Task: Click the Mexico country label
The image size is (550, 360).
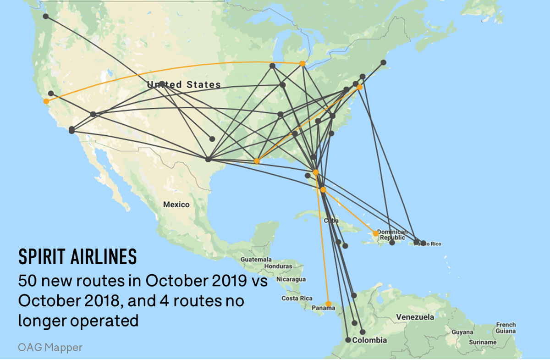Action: pyautogui.click(x=176, y=205)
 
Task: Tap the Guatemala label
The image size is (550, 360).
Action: pyautogui.click(x=256, y=260)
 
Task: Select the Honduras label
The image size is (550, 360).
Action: pyautogui.click(x=278, y=266)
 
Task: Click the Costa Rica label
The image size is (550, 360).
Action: pyautogui.click(x=297, y=299)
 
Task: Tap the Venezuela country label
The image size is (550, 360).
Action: pyautogui.click(x=415, y=317)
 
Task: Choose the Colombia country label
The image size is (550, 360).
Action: pyautogui.click(x=369, y=340)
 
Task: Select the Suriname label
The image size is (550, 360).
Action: pyautogui.click(x=483, y=343)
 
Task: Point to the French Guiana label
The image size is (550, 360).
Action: pyautogui.click(x=506, y=328)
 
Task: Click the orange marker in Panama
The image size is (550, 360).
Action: pyautogui.click(x=328, y=304)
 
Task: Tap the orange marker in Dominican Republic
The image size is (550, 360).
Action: pyautogui.click(x=376, y=233)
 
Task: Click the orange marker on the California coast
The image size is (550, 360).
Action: pyautogui.click(x=46, y=101)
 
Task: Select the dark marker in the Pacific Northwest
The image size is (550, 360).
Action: pyautogui.click(x=46, y=17)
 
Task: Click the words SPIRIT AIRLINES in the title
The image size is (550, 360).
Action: pyautogui.click(x=77, y=257)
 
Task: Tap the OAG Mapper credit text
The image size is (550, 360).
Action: pyautogui.click(x=50, y=347)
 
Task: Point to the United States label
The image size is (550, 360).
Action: pyautogui.click(x=184, y=85)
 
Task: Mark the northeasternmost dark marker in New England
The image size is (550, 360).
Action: pyautogui.click(x=384, y=62)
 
